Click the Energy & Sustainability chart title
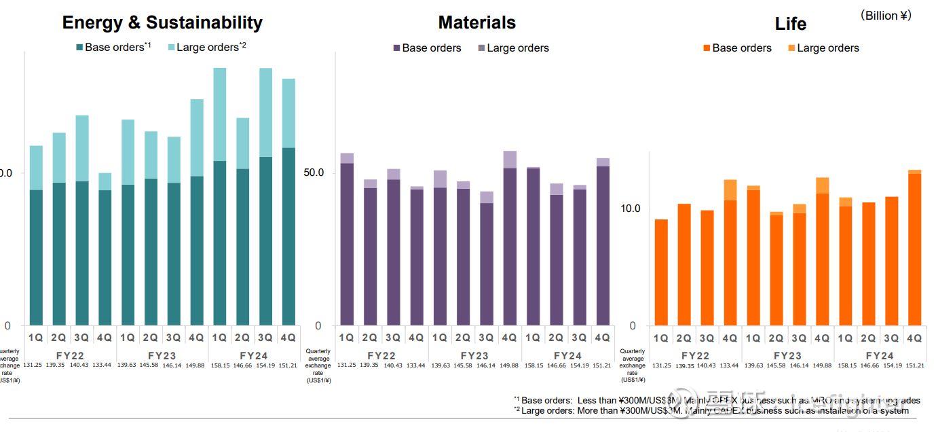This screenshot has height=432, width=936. coord(162,22)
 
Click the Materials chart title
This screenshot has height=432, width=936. coord(476,22)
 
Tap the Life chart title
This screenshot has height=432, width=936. coord(790,24)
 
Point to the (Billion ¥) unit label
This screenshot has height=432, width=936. coord(885,16)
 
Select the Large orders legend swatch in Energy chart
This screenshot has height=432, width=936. coord(171,48)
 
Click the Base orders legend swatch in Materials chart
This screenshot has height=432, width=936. coord(397,48)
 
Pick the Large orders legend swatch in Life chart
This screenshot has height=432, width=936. coord(792,48)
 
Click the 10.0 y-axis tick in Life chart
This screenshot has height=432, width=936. coord(631,209)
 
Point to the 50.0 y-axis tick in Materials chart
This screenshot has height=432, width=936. coord(313,173)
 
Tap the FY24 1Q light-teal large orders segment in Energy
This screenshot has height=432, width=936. coord(220,114)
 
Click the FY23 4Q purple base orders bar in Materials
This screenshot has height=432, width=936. coord(510,246)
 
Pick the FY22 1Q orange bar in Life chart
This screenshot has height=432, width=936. coord(661,272)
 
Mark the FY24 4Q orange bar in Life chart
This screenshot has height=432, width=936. coord(914,249)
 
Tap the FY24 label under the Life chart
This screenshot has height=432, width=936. coord(880,355)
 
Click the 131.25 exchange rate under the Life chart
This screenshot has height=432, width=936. coord(662,365)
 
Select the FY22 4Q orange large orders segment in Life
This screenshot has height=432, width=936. coord(730,190)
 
